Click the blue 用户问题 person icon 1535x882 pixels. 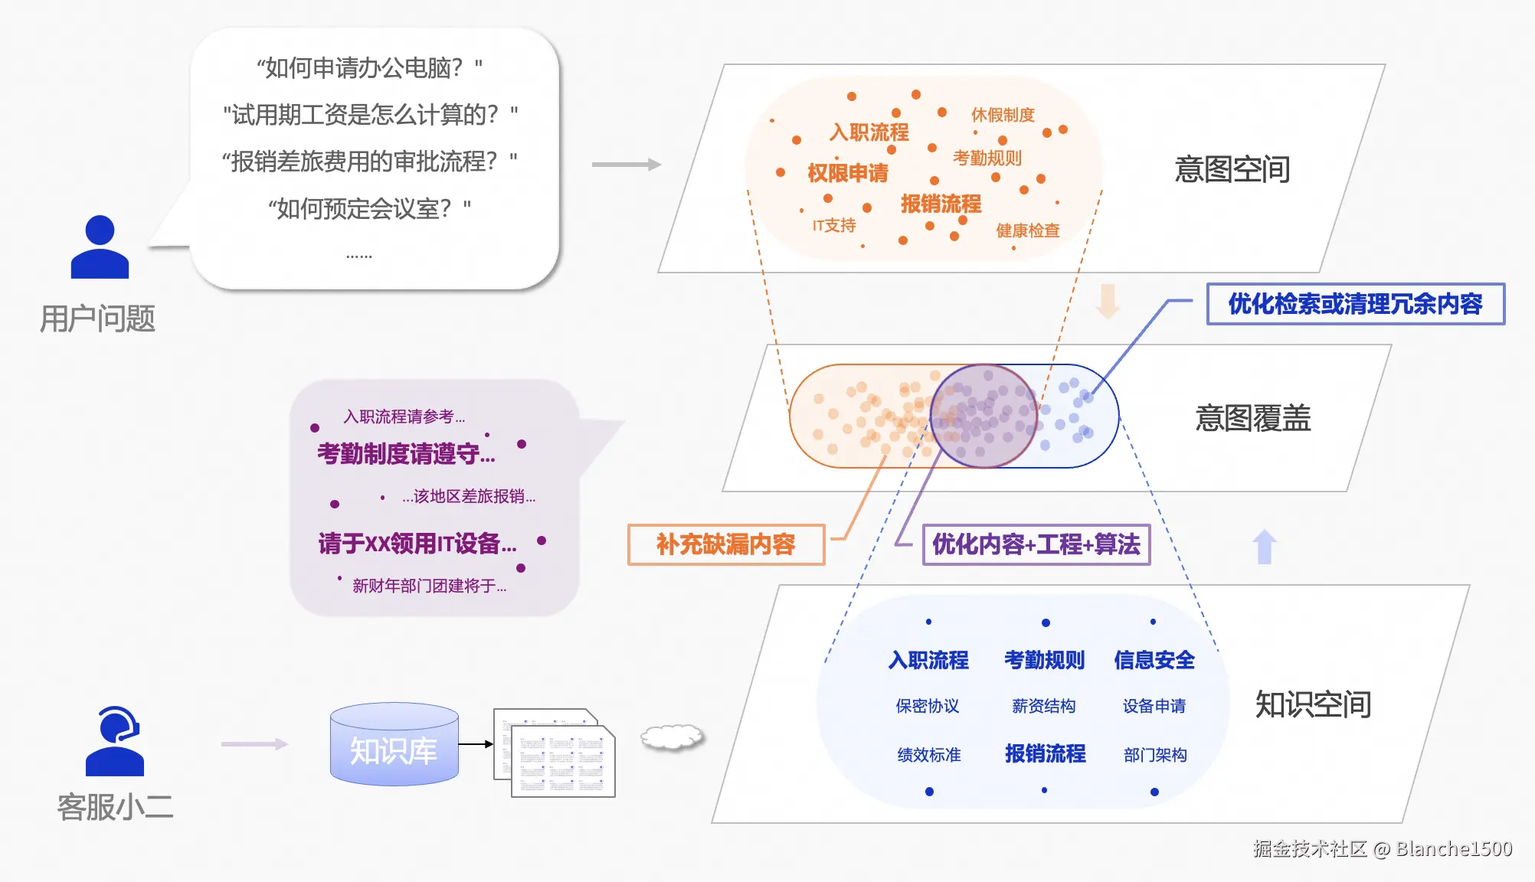click(x=100, y=247)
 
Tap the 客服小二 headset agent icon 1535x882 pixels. click(x=115, y=741)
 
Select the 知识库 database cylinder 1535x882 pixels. click(x=394, y=744)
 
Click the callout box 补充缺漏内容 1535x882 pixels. click(x=726, y=544)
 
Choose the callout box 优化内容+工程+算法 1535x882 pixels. click(x=1036, y=544)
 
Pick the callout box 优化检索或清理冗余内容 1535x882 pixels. click(x=1356, y=304)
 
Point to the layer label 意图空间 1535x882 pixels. click(x=1232, y=169)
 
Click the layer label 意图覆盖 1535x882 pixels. click(x=1253, y=418)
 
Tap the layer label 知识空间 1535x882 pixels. click(x=1313, y=704)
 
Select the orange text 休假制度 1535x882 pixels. click(x=1003, y=115)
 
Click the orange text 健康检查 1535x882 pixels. click(x=1028, y=230)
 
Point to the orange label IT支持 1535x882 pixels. click(x=834, y=225)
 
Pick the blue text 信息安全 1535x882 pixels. click(x=1154, y=660)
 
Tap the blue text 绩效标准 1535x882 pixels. click(x=929, y=755)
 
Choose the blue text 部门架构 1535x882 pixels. click(x=1155, y=755)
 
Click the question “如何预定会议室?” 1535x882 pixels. click(x=369, y=208)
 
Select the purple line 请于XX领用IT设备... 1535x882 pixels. click(x=417, y=544)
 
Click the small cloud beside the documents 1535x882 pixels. click(x=672, y=737)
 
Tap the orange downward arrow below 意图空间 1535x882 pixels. click(x=1108, y=301)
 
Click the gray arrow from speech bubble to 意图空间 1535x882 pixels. click(x=627, y=164)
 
